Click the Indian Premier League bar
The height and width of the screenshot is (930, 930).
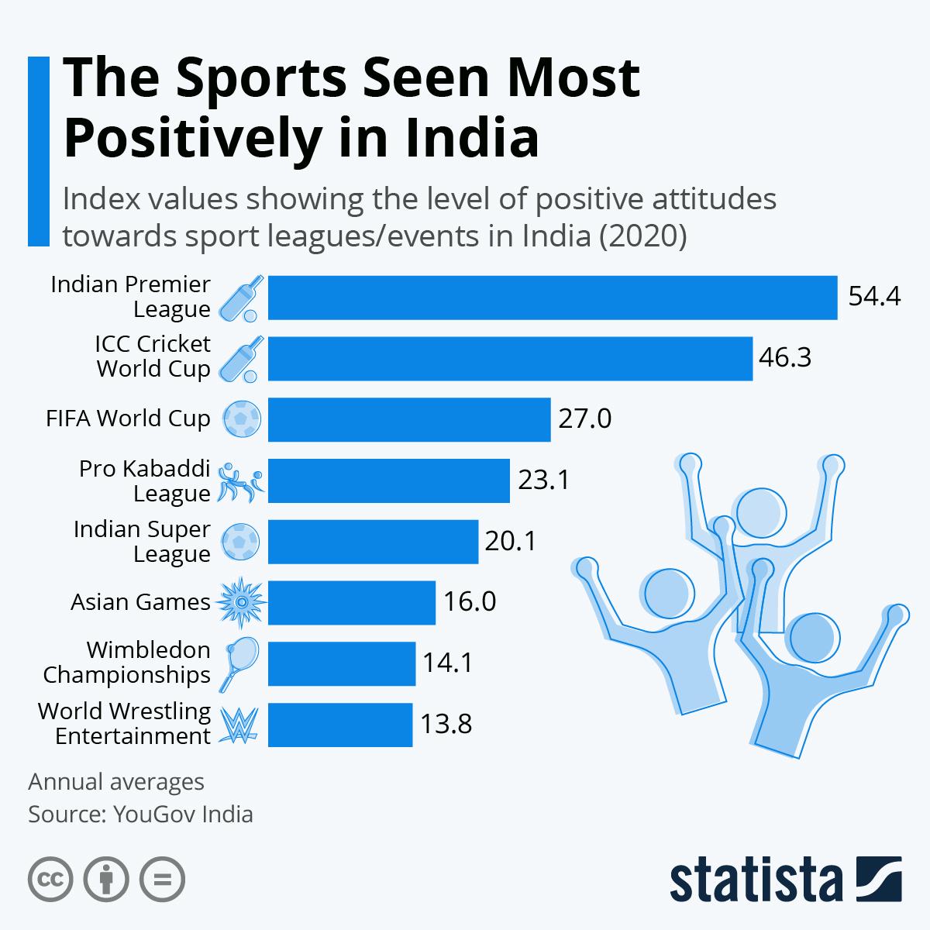[553, 298]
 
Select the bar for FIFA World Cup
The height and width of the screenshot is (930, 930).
[409, 419]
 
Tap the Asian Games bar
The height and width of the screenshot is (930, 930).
[352, 603]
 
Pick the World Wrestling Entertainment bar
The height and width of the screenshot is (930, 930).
[340, 725]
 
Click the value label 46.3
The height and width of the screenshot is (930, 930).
[785, 357]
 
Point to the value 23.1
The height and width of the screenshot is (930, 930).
[544, 480]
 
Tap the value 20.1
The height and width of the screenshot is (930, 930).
[511, 540]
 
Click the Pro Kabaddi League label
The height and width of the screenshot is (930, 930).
[144, 480]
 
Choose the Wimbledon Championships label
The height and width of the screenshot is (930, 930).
[127, 662]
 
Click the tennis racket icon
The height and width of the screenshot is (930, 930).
[239, 664]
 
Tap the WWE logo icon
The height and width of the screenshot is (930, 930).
[239, 725]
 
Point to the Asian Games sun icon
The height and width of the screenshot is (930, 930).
[241, 602]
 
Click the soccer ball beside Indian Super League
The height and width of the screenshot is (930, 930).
[241, 542]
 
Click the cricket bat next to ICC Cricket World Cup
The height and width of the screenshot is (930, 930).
[241, 359]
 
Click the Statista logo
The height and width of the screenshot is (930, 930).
[786, 879]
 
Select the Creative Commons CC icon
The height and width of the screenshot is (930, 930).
[50, 880]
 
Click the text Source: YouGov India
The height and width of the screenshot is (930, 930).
[140, 815]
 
